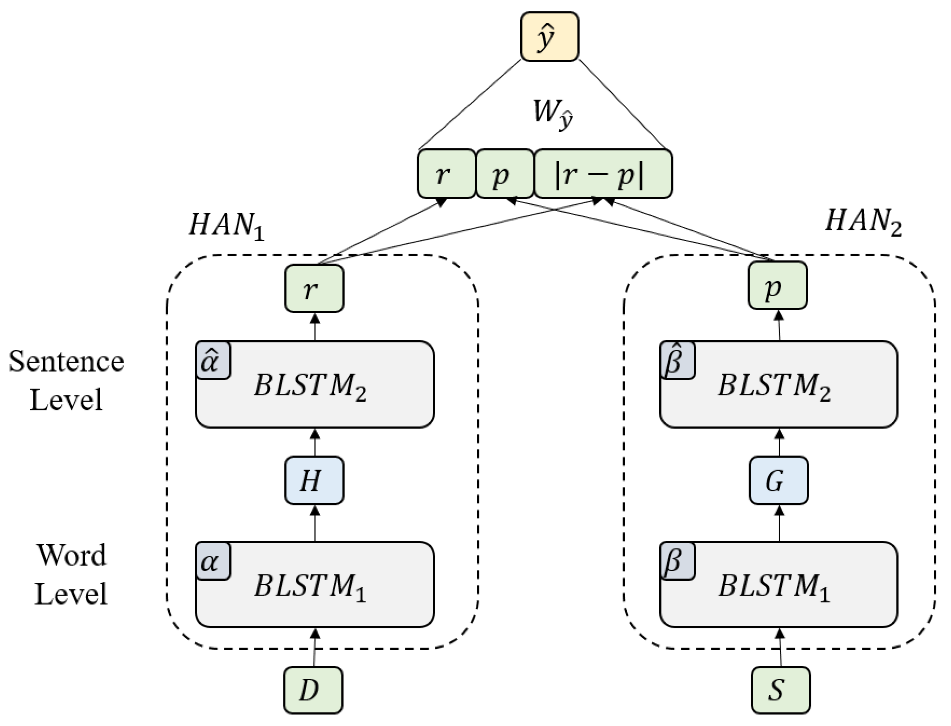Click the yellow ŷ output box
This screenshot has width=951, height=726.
click(549, 37)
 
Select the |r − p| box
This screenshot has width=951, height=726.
click(603, 174)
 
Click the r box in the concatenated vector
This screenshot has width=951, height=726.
click(446, 174)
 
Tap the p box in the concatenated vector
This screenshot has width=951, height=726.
click(504, 174)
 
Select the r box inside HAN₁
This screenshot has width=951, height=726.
click(314, 288)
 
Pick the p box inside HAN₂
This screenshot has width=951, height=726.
click(777, 285)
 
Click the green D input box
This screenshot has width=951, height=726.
click(313, 690)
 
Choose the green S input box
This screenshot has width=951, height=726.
click(780, 690)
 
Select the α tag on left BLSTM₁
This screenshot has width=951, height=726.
click(213, 561)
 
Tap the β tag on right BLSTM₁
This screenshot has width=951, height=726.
click(677, 561)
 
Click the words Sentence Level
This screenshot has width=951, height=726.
click(66, 380)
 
